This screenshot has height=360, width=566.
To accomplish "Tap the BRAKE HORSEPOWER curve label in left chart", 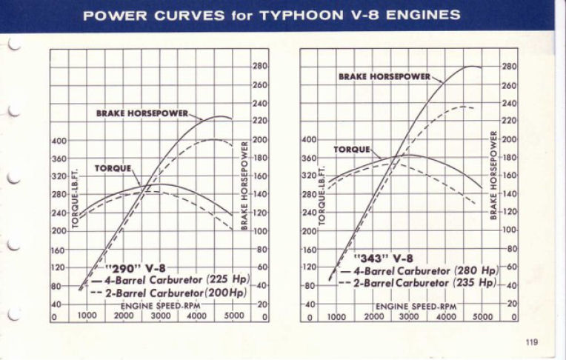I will click(x=142, y=113).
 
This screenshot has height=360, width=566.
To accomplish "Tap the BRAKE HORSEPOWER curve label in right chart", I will click(x=384, y=77).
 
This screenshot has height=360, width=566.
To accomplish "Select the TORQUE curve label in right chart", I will click(x=351, y=150).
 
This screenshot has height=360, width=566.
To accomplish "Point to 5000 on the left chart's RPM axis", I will click(x=234, y=316).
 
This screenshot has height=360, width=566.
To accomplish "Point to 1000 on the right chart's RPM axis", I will click(x=336, y=316).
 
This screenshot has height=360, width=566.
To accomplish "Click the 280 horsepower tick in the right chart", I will click(x=510, y=67).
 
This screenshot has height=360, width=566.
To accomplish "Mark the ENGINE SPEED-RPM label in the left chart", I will click(x=153, y=305).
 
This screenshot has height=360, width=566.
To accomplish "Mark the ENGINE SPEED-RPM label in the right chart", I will click(x=416, y=306).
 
